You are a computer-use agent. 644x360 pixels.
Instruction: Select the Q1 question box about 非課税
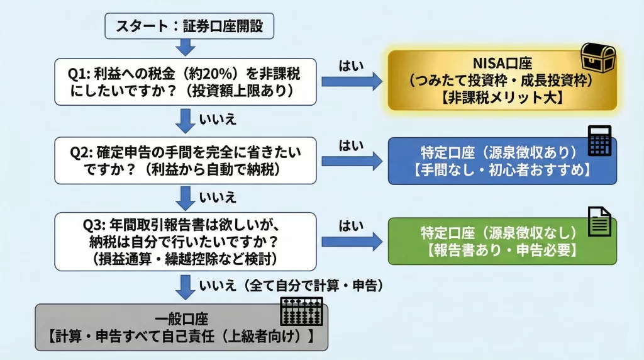click(x=186, y=82)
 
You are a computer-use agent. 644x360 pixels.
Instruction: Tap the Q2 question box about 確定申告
click(x=186, y=161)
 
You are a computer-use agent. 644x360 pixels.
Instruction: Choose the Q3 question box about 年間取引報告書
click(x=186, y=242)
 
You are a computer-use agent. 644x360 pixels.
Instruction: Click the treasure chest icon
click(x=597, y=59)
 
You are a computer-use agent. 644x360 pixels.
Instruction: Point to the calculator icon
click(x=599, y=140)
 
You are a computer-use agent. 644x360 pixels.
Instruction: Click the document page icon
click(x=599, y=222)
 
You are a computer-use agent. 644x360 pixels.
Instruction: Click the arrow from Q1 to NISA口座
click(x=352, y=81)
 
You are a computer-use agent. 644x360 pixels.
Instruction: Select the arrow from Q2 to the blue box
click(x=352, y=161)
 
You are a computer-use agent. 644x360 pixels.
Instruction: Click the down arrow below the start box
click(x=186, y=47)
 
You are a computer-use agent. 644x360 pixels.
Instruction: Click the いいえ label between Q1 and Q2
click(x=218, y=118)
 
